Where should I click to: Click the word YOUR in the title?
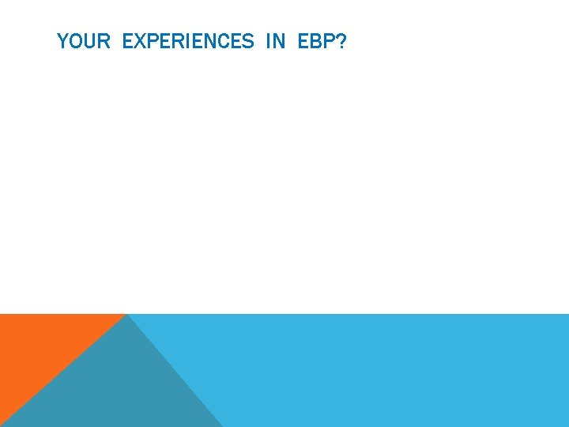[84, 41]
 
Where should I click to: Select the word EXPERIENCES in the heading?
[188, 41]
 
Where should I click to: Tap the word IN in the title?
[275, 41]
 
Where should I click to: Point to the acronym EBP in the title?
[316, 41]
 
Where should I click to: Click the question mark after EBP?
[341, 41]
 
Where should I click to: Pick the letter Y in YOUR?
[62, 41]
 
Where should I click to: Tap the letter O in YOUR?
[75, 41]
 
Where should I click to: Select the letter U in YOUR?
[89, 41]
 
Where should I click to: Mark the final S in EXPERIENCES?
[248, 41]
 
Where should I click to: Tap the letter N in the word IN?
[279, 41]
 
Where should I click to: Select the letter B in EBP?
[316, 41]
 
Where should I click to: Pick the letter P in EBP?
[328, 41]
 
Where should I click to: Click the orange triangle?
[40, 348]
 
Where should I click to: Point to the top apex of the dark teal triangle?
[127, 316]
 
